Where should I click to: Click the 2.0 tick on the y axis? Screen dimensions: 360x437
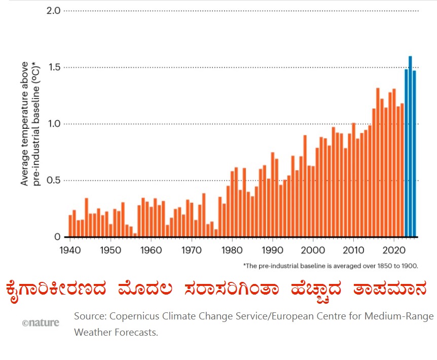[x=53, y=11]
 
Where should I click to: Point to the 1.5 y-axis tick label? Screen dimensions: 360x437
[x=53, y=67]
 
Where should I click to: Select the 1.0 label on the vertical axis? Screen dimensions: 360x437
[x=53, y=124]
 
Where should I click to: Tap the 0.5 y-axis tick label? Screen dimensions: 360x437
[x=53, y=181]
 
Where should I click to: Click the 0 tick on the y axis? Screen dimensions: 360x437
[x=57, y=237]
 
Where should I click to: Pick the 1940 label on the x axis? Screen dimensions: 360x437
[x=70, y=250]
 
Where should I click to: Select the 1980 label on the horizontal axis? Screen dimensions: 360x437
[x=233, y=250]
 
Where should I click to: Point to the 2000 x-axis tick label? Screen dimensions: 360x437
[x=314, y=250]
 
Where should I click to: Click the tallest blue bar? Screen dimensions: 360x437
[x=410, y=147]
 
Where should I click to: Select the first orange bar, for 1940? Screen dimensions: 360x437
[x=70, y=226]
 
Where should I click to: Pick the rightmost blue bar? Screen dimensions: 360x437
[x=414, y=155]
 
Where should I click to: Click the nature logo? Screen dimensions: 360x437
[x=40, y=322]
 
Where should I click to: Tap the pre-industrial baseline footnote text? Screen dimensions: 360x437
[x=330, y=265]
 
